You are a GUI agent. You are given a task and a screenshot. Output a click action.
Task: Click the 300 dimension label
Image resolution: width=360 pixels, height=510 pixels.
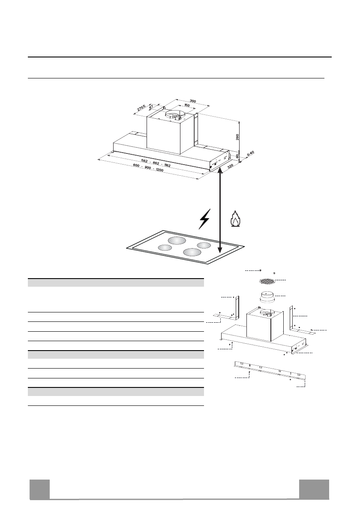[x=193, y=101]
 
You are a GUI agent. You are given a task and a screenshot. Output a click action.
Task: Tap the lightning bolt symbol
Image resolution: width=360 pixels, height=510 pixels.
[x=205, y=219]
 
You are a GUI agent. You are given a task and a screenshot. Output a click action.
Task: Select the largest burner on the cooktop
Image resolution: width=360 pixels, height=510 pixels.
[x=177, y=241]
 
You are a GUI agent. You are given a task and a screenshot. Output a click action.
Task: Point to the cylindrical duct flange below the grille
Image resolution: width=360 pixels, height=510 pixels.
[x=267, y=297]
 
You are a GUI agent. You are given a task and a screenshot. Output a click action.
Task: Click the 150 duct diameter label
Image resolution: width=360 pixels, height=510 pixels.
[x=187, y=105]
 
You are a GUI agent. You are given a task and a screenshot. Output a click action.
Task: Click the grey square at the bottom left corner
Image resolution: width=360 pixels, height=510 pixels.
[x=39, y=489]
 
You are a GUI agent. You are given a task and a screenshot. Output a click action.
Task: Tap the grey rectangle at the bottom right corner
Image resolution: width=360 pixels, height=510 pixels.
[x=314, y=489]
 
